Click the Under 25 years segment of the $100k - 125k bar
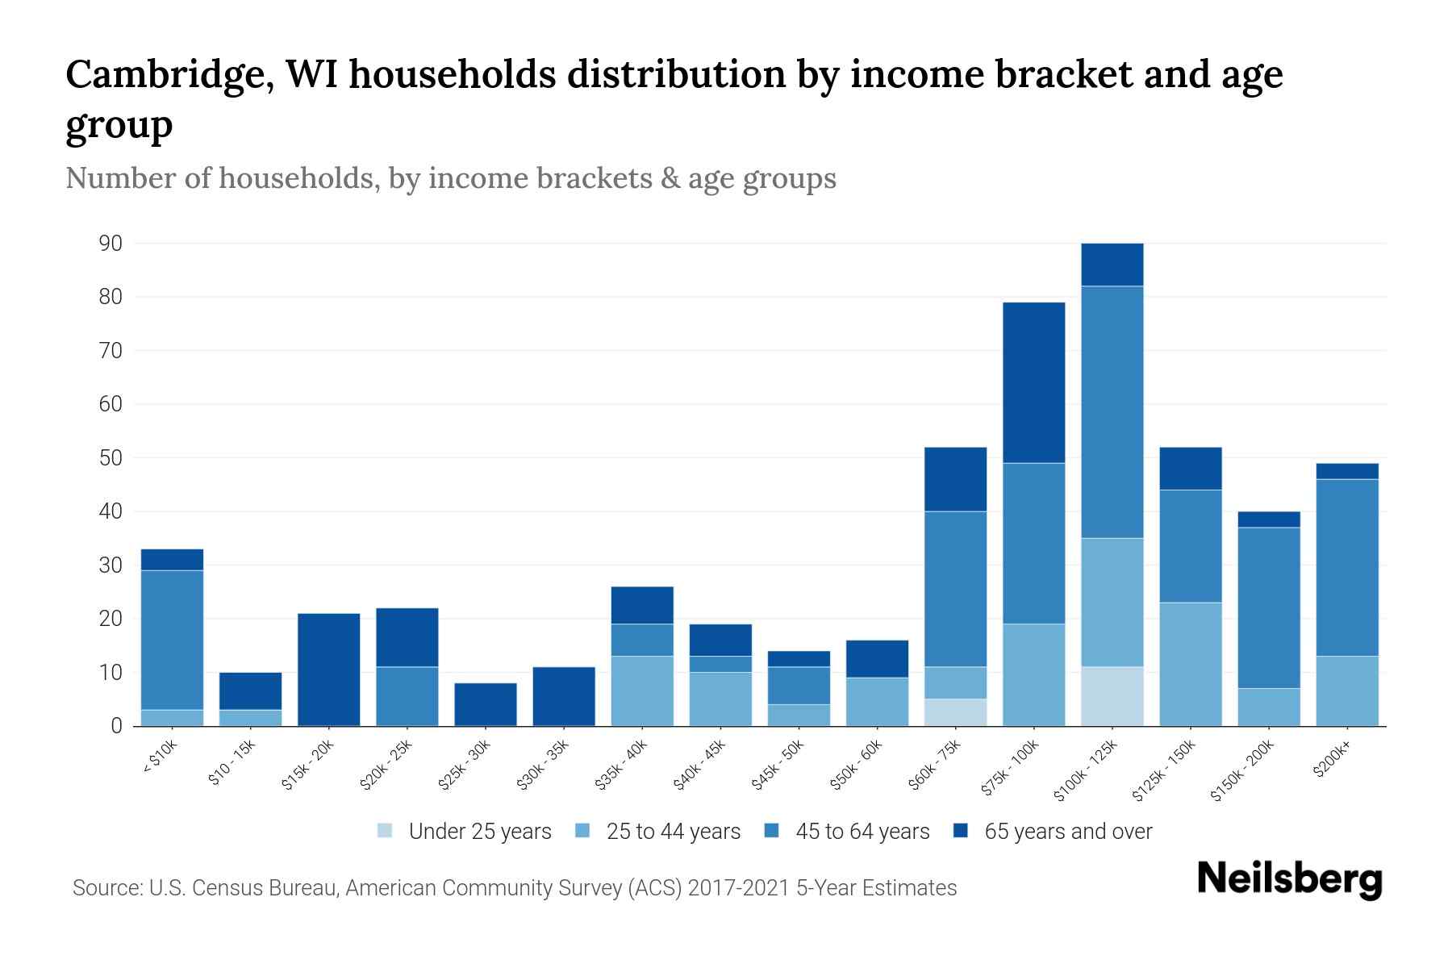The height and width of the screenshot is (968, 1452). tap(1112, 696)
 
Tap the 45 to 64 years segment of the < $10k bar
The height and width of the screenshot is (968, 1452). tap(172, 640)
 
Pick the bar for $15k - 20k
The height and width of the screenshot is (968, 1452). tap(328, 670)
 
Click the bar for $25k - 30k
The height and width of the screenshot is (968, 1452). tap(486, 704)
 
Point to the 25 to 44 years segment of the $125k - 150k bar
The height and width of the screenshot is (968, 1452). tap(1190, 664)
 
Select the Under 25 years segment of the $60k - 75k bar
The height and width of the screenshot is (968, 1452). tap(955, 712)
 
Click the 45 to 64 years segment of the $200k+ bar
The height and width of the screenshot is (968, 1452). tap(1346, 567)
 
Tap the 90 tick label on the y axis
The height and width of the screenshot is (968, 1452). tap(110, 244)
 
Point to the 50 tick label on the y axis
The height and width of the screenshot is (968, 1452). tap(110, 458)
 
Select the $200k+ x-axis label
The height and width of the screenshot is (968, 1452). tap(1333, 759)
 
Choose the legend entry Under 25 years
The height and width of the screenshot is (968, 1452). tap(465, 832)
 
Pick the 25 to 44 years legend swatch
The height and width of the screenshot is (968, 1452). tap(583, 831)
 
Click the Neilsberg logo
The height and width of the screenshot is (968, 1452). tap(1289, 879)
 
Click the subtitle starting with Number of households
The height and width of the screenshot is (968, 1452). tap(450, 178)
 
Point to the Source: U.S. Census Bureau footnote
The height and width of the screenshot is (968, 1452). tap(514, 888)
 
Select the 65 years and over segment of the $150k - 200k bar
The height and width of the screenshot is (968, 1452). tap(1268, 519)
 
